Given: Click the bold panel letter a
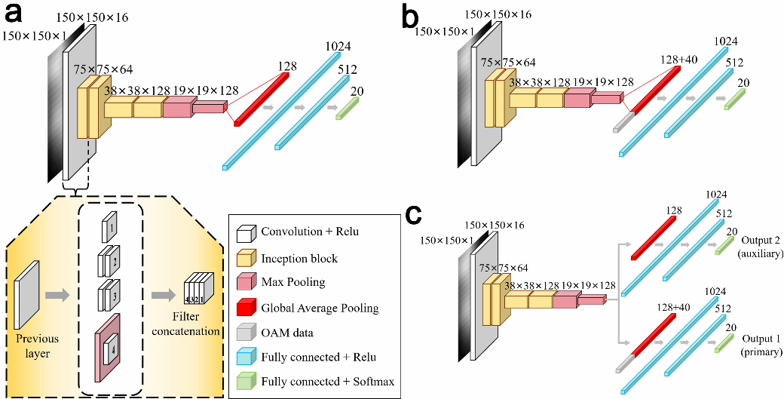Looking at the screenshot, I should pyautogui.click(x=16, y=13).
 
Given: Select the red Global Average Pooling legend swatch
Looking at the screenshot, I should pyautogui.click(x=243, y=308).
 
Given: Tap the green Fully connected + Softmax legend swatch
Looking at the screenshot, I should pyautogui.click(x=243, y=381).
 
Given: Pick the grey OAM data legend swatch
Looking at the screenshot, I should pyautogui.click(x=243, y=332).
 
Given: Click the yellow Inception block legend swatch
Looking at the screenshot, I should pyautogui.click(x=243, y=259).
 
